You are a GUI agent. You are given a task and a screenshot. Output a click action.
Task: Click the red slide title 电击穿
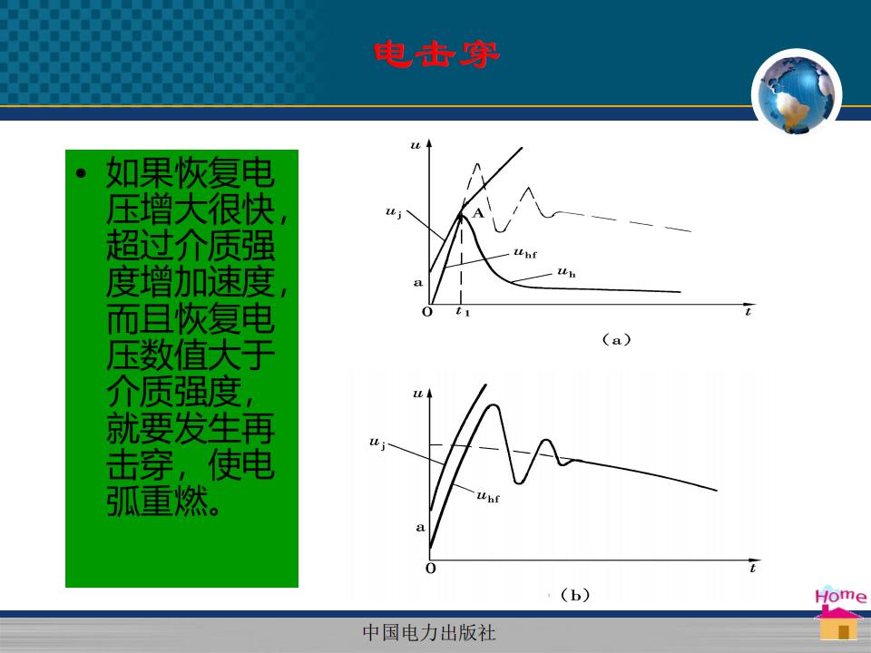[436, 54]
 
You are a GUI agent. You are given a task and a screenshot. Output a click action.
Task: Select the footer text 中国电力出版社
[429, 632]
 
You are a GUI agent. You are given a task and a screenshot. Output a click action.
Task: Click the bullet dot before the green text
[82, 174]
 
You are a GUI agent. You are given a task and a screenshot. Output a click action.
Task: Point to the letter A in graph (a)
[478, 213]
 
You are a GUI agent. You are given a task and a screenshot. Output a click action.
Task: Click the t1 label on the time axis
[463, 311]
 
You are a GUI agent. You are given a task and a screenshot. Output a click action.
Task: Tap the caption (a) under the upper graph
[617, 339]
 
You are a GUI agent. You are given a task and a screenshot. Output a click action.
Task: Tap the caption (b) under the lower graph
[575, 595]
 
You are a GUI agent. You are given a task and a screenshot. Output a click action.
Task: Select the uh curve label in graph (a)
[566, 272]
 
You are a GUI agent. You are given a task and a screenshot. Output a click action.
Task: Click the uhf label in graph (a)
[525, 253]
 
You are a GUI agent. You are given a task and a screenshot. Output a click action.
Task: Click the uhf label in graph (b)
[488, 496]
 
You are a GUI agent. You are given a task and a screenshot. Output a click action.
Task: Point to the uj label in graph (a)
[393, 212]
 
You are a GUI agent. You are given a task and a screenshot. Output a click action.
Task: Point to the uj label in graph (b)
[377, 443]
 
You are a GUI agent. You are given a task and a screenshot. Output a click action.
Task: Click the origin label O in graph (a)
[427, 311]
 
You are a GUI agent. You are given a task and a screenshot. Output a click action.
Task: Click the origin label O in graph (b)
[430, 568]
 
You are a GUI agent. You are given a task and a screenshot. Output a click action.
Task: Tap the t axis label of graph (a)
[749, 311]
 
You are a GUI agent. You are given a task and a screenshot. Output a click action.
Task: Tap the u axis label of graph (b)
[417, 394]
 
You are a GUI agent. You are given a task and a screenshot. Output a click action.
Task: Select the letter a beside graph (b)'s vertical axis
[420, 528]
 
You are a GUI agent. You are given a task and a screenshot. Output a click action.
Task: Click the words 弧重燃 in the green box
[157, 501]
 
